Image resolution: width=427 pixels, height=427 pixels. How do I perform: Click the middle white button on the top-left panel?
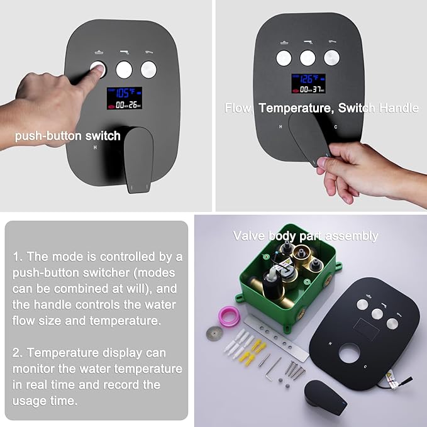pyautogui.click(x=125, y=69)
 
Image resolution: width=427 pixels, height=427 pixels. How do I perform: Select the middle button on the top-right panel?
pyautogui.click(x=308, y=58)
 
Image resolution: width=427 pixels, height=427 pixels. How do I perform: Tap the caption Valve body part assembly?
pyautogui.click(x=305, y=236)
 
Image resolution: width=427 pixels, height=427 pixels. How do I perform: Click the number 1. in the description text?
pyautogui.click(x=16, y=257)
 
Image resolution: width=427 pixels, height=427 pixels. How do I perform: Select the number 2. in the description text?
pyautogui.click(x=16, y=353)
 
